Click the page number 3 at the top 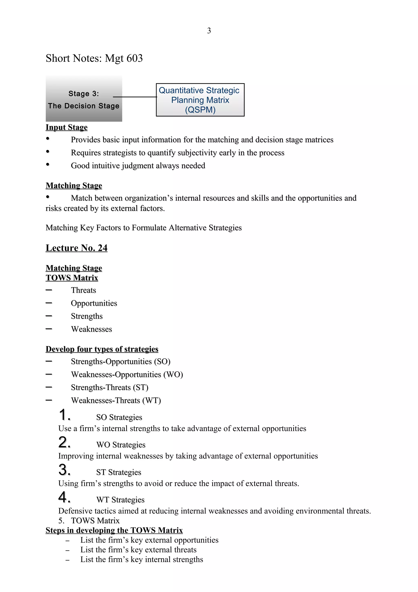click(209, 31)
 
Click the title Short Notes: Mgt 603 click(94, 58)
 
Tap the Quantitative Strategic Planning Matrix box click(200, 100)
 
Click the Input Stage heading click(67, 127)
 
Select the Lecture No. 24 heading click(77, 248)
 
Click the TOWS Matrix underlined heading click(72, 278)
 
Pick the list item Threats click(83, 290)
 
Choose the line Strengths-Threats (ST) click(109, 388)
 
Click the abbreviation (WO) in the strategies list click(173, 375)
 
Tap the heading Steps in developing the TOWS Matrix click(114, 530)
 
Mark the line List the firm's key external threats click(138, 550)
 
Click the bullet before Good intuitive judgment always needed click(48, 164)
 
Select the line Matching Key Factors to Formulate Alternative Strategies click(143, 228)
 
